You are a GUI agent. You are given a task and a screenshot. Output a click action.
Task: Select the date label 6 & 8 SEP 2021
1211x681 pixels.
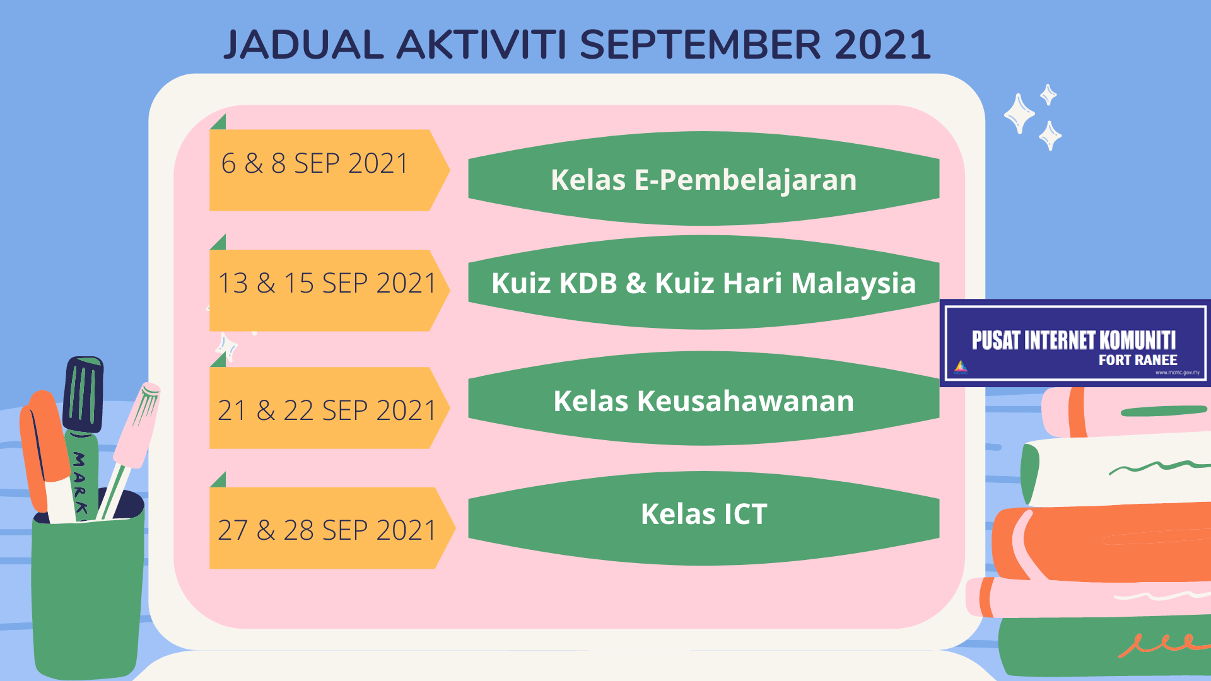click(315, 163)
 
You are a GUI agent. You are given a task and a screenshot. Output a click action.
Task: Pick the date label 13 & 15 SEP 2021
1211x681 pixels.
click(327, 283)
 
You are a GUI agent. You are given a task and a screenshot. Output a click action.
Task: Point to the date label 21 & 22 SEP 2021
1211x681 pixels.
click(327, 410)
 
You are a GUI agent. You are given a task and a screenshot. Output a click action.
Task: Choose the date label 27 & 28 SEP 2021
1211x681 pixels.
click(327, 530)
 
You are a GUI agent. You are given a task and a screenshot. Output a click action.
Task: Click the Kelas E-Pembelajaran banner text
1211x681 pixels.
click(704, 180)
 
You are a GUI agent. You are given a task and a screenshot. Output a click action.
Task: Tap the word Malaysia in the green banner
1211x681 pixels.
click(853, 284)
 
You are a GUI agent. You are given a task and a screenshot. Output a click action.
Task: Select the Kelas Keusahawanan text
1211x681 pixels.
click(704, 401)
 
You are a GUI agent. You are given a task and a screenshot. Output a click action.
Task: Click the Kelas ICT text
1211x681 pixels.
click(704, 514)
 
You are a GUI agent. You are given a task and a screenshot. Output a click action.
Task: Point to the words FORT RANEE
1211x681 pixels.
click(1138, 360)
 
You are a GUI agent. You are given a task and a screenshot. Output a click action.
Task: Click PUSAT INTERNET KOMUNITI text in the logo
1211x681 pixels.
click(1074, 340)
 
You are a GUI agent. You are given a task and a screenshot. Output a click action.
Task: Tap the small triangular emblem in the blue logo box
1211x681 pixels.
click(961, 366)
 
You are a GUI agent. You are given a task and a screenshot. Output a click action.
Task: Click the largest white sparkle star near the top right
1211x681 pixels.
click(1019, 113)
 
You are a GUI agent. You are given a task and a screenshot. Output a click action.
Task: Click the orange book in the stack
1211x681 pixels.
click(1101, 544)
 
